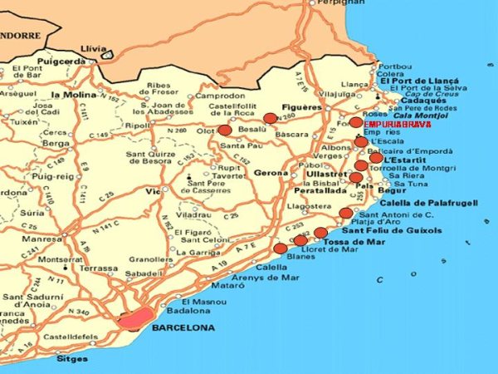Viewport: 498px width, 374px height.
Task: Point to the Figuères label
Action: tap(302, 108)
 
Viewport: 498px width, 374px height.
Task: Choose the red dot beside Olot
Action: tap(225, 130)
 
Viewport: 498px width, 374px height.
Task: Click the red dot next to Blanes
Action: tap(281, 248)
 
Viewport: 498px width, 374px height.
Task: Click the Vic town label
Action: tap(152, 191)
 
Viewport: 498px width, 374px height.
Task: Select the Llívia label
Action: tap(96, 49)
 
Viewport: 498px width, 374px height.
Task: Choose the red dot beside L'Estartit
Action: tap(376, 158)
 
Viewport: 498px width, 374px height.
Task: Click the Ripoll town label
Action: tap(137, 125)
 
